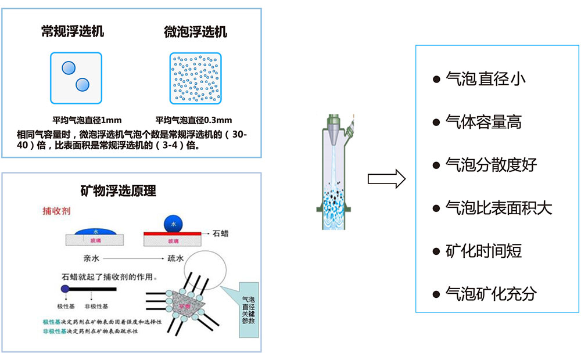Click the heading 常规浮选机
(73, 31)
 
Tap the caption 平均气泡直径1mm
(87, 121)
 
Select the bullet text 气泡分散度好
(491, 165)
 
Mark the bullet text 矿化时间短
(483, 251)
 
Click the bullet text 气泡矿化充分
(491, 294)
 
